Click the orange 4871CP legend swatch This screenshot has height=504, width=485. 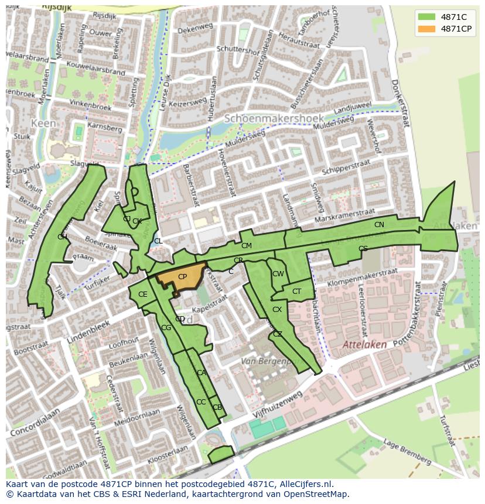pyautogui.click(x=427, y=29)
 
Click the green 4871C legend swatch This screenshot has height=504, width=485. pyautogui.click(x=427, y=17)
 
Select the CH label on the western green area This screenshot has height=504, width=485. pyautogui.click(x=62, y=236)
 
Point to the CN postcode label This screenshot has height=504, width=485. pyautogui.click(x=379, y=225)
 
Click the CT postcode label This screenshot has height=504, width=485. pyautogui.click(x=296, y=292)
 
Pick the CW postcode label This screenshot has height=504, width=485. pyautogui.click(x=278, y=274)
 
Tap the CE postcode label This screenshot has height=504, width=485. pyautogui.click(x=143, y=294)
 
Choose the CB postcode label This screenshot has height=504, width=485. pyautogui.click(x=217, y=407)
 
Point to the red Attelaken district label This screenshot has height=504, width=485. pyautogui.click(x=364, y=345)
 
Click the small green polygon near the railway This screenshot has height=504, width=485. pyautogui.click(x=221, y=454)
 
